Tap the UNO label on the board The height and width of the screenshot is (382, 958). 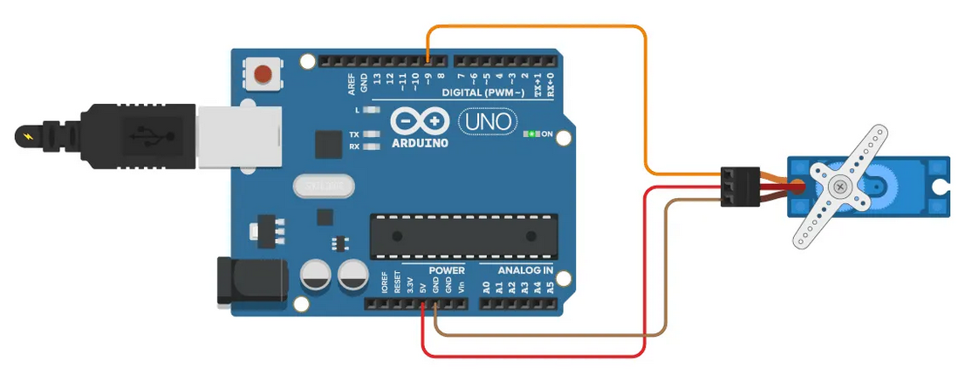pyautogui.click(x=486, y=121)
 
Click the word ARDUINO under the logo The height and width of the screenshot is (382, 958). pyautogui.click(x=421, y=142)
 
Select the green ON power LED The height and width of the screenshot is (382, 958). pyautogui.click(x=529, y=134)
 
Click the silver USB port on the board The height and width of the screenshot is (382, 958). pyautogui.click(x=238, y=137)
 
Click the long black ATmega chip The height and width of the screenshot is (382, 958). pyautogui.click(x=463, y=236)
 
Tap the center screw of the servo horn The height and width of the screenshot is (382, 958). pyautogui.click(x=839, y=186)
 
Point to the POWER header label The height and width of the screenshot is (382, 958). pyautogui.click(x=446, y=270)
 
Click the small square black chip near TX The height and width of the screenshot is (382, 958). pyautogui.click(x=327, y=145)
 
